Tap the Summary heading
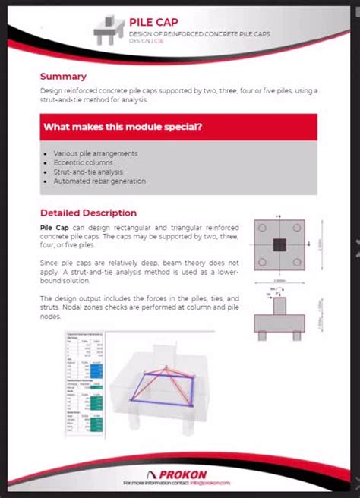pyautogui.click(x=63, y=76)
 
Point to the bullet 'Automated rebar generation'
pyautogui.click(x=99, y=181)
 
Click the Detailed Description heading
pyautogui.click(x=88, y=213)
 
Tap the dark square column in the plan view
pyautogui.click(x=280, y=244)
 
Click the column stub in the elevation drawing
pyautogui.click(x=280, y=306)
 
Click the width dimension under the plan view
pyautogui.click(x=280, y=280)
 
